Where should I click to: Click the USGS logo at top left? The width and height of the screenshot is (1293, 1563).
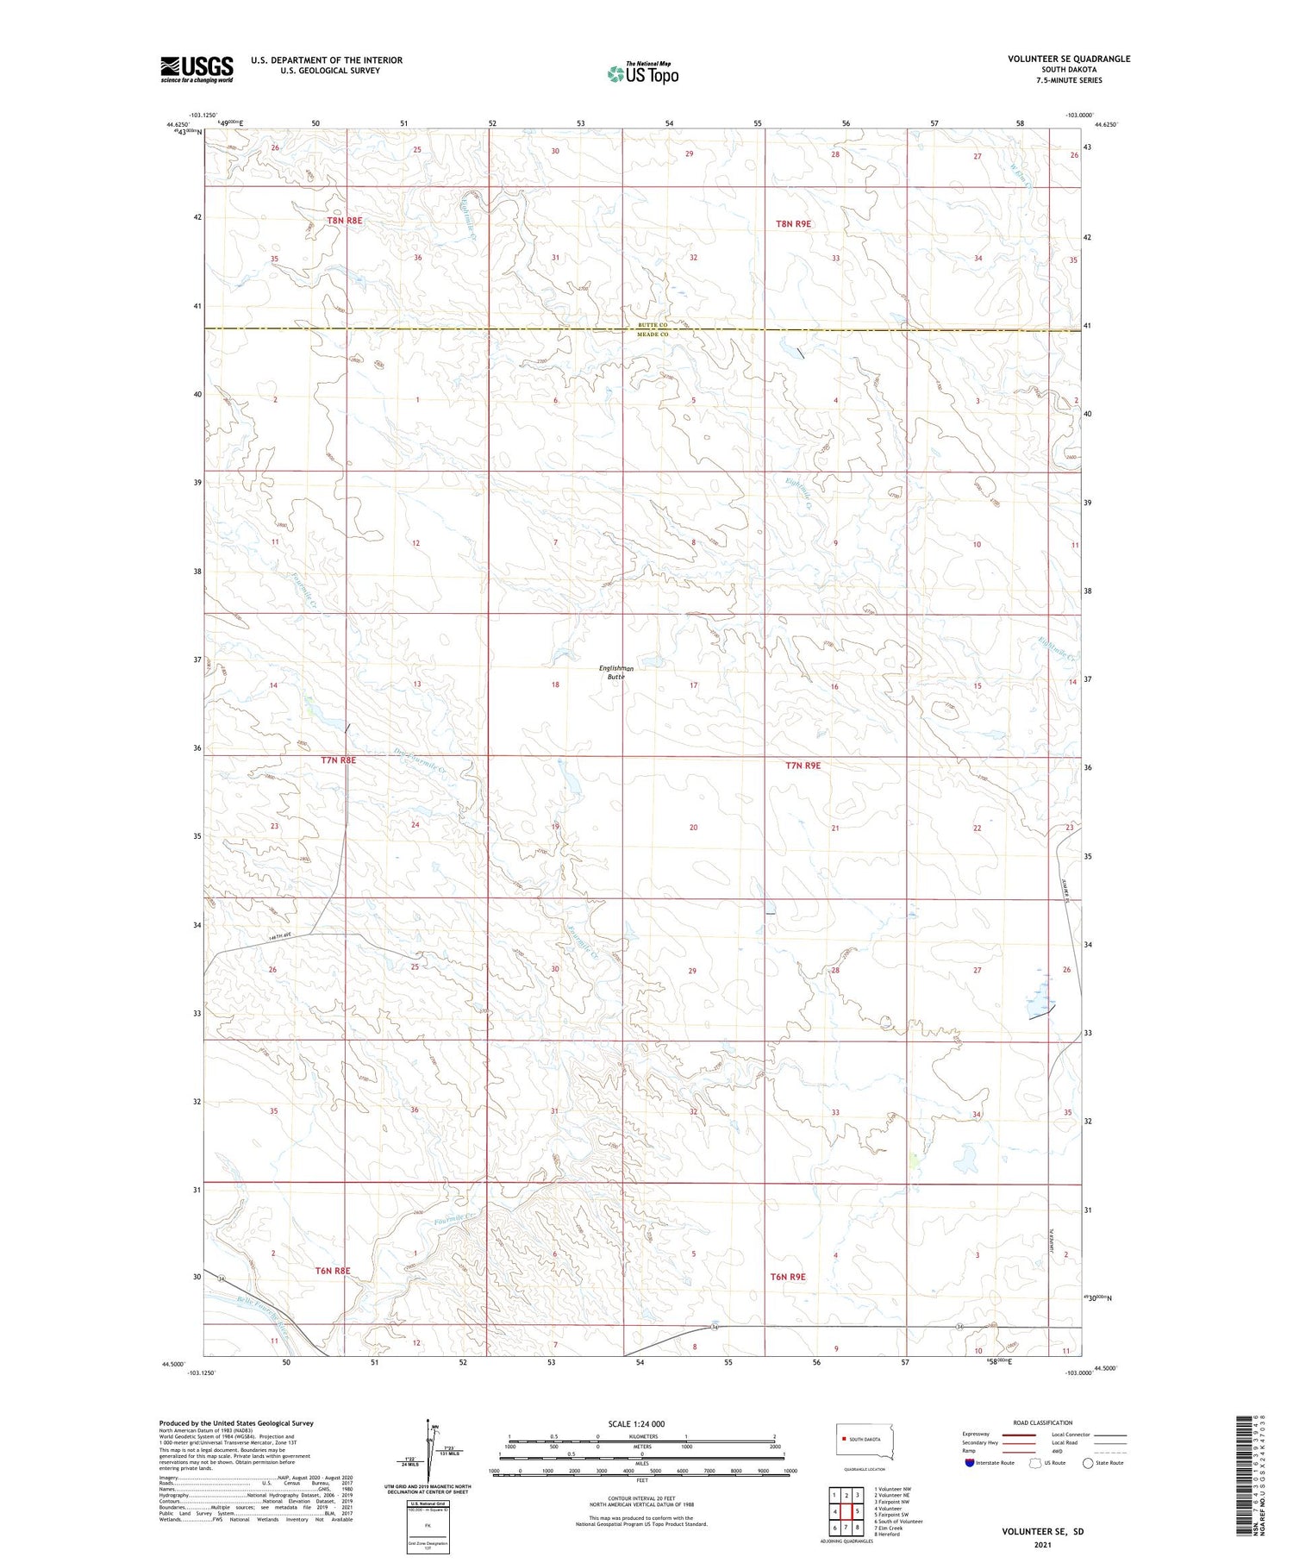click(197, 69)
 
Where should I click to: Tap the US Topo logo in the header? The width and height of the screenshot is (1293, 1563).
click(643, 73)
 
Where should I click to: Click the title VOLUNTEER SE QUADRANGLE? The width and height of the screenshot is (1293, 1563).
click(1069, 59)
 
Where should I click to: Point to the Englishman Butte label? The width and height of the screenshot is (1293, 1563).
click(615, 672)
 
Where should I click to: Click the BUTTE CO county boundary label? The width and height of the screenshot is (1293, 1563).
click(653, 325)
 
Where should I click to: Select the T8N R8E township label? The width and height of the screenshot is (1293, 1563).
click(345, 221)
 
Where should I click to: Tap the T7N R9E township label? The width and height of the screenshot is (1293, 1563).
click(803, 765)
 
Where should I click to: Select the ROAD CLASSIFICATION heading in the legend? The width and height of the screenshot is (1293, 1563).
click(1043, 1422)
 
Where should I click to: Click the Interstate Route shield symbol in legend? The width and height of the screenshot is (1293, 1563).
click(970, 1463)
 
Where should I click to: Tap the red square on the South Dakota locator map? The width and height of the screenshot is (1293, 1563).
click(845, 1439)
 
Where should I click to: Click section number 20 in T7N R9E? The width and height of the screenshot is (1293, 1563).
click(693, 828)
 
